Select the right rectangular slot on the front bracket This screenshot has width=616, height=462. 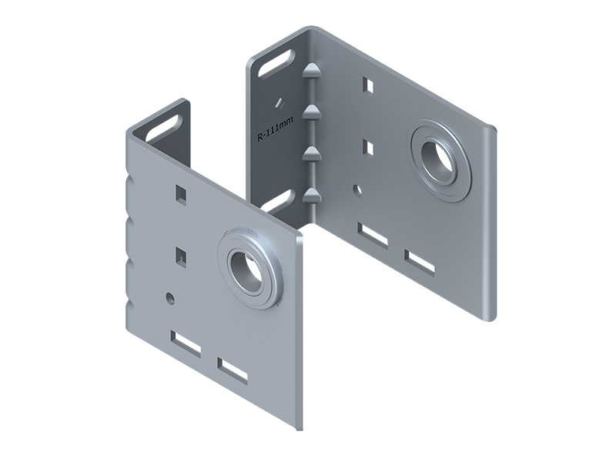click(233, 370)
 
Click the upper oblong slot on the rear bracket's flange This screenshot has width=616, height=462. click(276, 63)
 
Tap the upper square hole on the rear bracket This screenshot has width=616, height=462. click(368, 85)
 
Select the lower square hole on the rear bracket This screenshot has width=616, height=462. click(368, 147)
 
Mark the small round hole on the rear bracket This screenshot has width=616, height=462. click(357, 189)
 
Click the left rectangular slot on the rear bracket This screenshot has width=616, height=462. click(373, 235)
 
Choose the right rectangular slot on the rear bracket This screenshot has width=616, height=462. click(420, 262)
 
